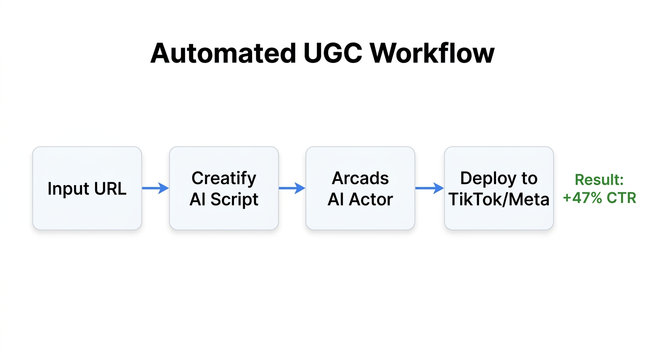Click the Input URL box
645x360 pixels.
tap(87, 188)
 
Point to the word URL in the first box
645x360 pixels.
tap(107, 189)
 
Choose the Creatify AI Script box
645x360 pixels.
tap(224, 188)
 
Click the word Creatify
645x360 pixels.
tap(224, 178)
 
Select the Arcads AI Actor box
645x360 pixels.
tap(360, 188)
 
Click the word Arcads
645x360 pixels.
tap(360, 178)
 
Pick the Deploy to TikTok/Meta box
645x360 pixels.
tap(499, 188)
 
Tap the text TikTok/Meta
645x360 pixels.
tap(499, 200)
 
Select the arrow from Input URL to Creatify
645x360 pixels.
tap(155, 188)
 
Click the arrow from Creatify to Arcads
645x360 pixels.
tap(292, 188)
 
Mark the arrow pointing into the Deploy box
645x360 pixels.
tap(429, 188)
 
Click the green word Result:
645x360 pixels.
tap(599, 180)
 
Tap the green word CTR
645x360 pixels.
tap(622, 198)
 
